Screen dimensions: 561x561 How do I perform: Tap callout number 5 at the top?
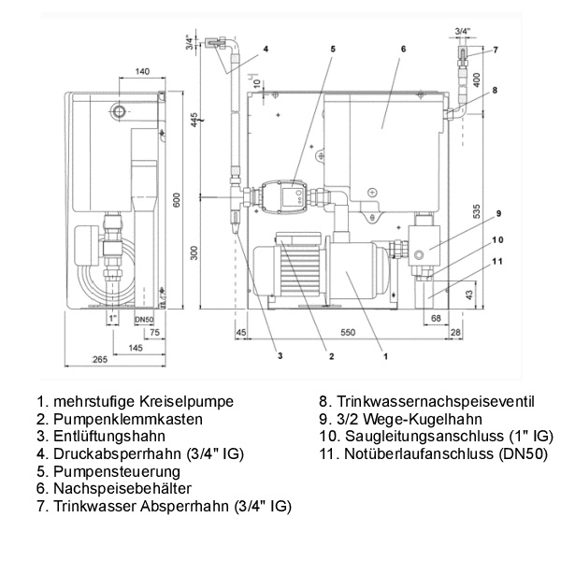pyautogui.click(x=333, y=48)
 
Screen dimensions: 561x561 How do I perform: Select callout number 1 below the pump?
pyautogui.click(x=386, y=354)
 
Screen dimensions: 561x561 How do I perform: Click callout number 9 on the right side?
pyautogui.click(x=499, y=212)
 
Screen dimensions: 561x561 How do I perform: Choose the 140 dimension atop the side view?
pyautogui.click(x=142, y=71)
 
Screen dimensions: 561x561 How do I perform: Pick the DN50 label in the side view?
pyautogui.click(x=143, y=319)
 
